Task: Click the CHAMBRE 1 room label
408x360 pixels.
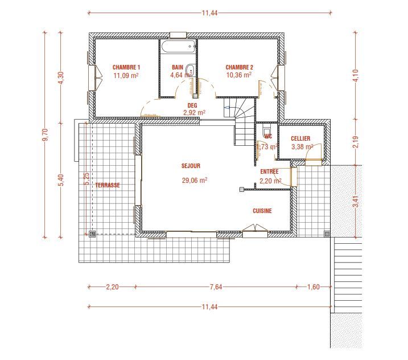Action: click(126, 67)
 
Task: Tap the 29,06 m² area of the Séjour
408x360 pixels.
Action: click(194, 179)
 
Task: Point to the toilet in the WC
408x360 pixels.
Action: click(266, 130)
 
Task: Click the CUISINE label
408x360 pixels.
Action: click(262, 211)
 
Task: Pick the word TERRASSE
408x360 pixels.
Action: click(108, 185)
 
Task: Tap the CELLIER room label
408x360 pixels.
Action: click(300, 138)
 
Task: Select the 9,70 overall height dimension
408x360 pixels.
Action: click(46, 135)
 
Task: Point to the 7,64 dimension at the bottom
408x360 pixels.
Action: click(215, 287)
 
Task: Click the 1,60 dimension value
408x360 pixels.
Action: click(313, 287)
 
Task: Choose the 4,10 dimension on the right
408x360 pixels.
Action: click(356, 76)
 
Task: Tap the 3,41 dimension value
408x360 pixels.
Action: click(356, 201)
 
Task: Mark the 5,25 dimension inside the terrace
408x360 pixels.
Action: click(86, 179)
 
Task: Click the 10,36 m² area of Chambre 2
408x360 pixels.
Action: click(238, 75)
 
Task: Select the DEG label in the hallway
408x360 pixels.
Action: click(192, 105)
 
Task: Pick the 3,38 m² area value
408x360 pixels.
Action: click(302, 146)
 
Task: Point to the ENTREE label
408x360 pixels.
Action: click(269, 171)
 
